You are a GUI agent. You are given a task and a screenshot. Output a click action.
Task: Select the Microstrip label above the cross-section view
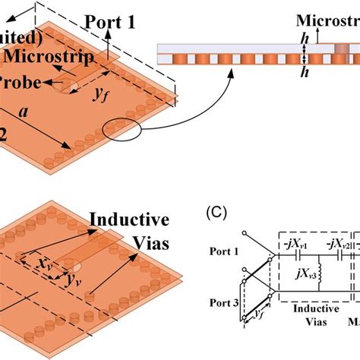(327, 19)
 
